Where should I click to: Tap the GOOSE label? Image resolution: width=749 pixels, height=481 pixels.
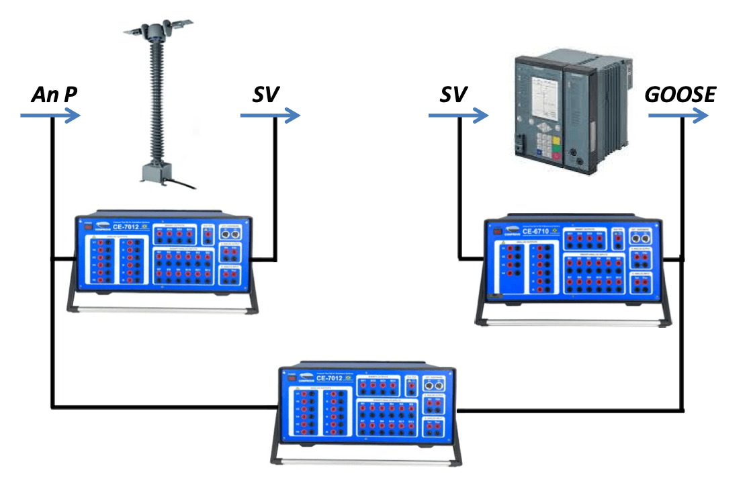680,95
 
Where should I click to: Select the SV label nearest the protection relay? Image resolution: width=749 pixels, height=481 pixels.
453,95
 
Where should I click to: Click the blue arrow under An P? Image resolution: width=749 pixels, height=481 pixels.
50,116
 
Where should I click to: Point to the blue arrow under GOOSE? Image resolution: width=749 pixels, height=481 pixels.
678,116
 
